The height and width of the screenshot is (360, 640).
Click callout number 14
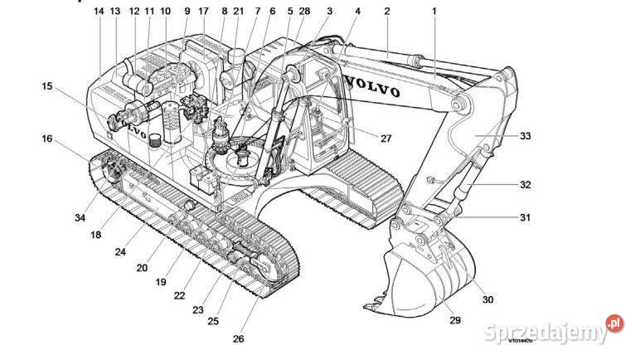point(99,12)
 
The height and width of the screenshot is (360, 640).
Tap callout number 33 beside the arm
point(526,135)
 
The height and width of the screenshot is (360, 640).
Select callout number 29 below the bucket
point(453,319)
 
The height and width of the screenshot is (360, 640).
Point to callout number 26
point(239,338)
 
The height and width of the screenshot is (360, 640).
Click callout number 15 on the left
point(47,85)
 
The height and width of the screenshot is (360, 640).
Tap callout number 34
point(80,217)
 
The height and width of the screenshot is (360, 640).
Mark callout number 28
point(304,12)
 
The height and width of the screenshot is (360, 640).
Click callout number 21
point(239,12)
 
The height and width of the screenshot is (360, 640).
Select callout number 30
point(487,299)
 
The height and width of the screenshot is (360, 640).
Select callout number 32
point(526,185)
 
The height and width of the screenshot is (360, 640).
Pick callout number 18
point(97,235)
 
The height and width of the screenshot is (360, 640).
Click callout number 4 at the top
point(357,12)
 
